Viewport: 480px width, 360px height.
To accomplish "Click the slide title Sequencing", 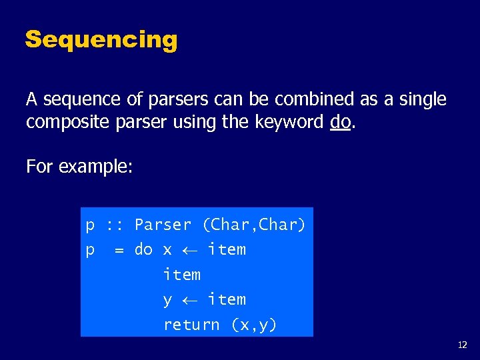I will pos(101,40).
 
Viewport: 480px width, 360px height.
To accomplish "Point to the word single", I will pos(422,100).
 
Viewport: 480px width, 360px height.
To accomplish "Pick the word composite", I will pos(64,123).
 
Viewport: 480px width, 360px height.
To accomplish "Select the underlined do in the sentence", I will pos(339,123).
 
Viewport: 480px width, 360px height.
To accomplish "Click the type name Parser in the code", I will pos(163,225).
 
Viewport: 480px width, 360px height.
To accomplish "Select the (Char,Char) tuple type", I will pos(254,225).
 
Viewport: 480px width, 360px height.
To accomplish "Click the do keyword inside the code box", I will pos(143,250).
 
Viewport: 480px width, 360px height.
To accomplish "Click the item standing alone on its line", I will pos(181,275).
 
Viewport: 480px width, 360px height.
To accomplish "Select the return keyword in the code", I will pos(191,325).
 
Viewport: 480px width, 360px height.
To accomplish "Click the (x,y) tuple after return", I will pos(254,325).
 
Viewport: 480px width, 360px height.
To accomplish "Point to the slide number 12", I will pos(463,345).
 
